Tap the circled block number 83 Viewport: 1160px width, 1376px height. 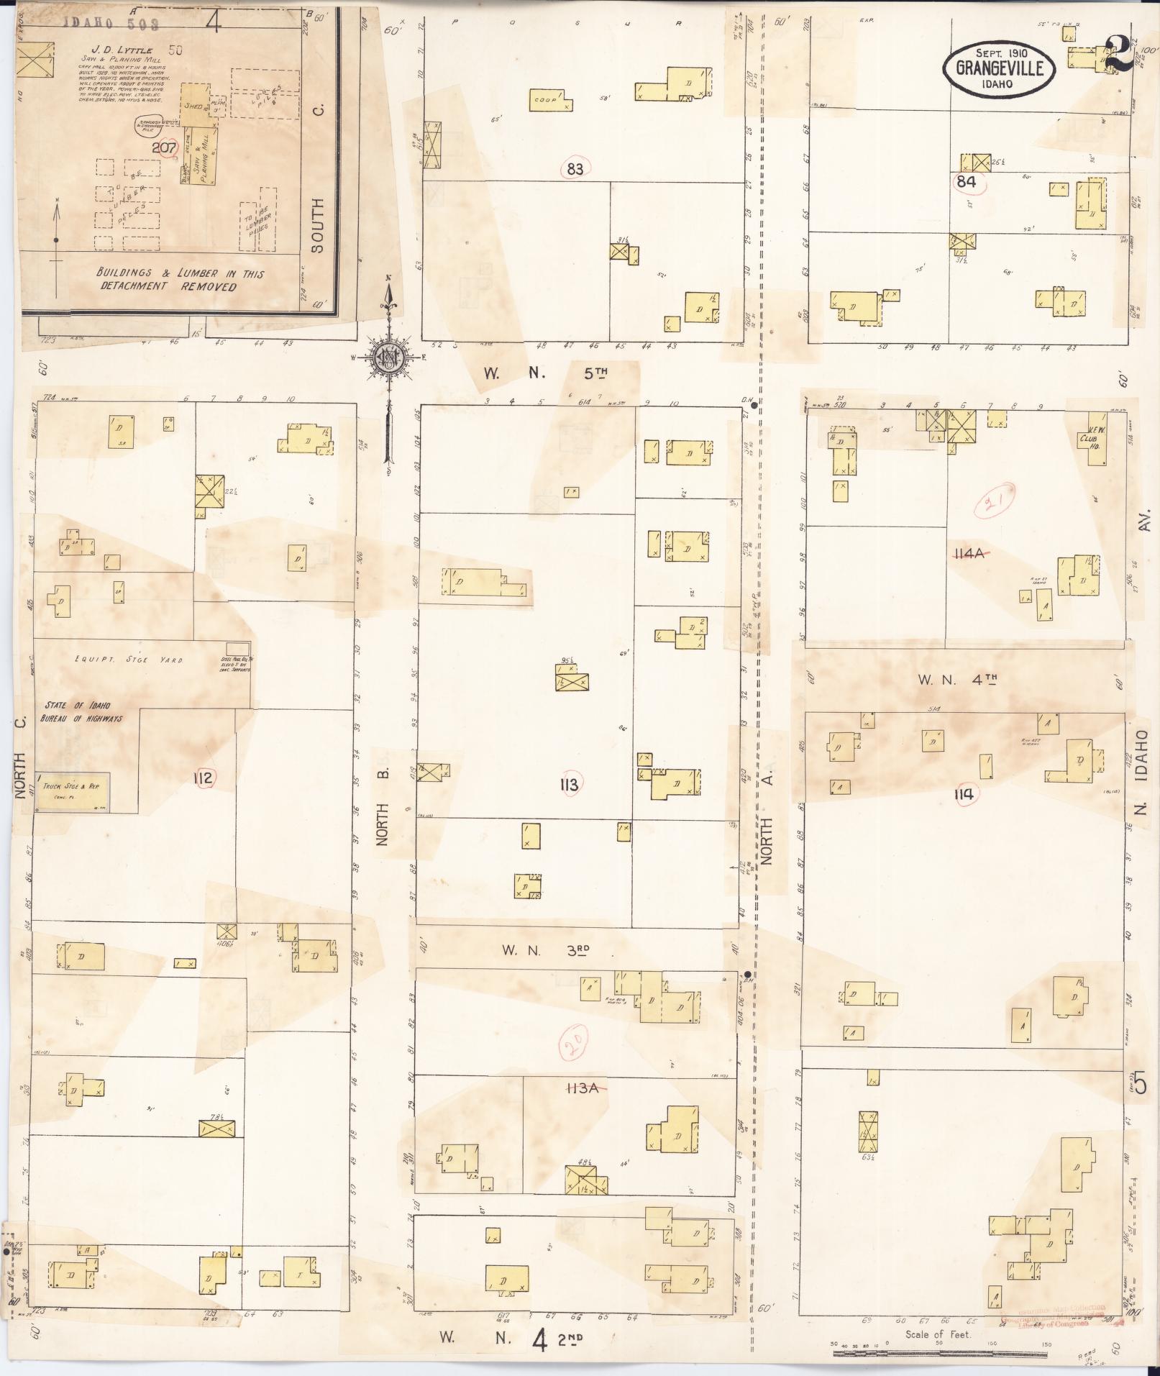click(x=575, y=170)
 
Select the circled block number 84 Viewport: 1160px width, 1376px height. click(x=966, y=181)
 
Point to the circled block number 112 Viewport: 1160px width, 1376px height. click(x=204, y=777)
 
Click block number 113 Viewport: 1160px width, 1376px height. click(x=568, y=784)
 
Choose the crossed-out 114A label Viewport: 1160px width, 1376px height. click(x=971, y=553)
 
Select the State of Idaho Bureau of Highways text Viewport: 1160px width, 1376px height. click(x=85, y=711)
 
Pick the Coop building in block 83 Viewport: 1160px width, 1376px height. click(x=550, y=101)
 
